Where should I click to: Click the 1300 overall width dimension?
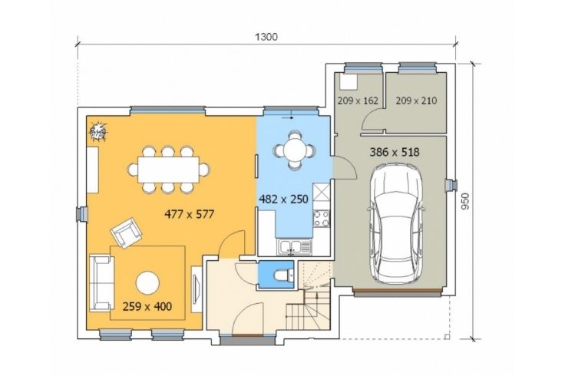(x=266, y=37)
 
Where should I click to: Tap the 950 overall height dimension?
(x=465, y=201)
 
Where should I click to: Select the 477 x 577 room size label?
(x=189, y=214)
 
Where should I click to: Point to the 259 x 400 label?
(x=147, y=306)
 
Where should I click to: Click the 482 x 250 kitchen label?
(x=283, y=199)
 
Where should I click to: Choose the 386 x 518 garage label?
(x=395, y=152)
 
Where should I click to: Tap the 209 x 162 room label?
(x=358, y=101)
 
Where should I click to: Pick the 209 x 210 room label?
(x=416, y=101)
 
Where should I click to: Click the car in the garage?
(x=396, y=223)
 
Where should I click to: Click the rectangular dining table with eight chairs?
(x=168, y=170)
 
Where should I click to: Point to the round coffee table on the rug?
(x=147, y=282)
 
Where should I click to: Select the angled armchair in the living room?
(x=126, y=233)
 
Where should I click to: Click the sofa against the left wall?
(x=101, y=283)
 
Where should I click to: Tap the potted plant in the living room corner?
(x=98, y=130)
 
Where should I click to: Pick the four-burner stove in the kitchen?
(x=322, y=219)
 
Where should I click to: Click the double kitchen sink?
(x=294, y=247)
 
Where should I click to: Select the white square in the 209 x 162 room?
(x=349, y=82)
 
